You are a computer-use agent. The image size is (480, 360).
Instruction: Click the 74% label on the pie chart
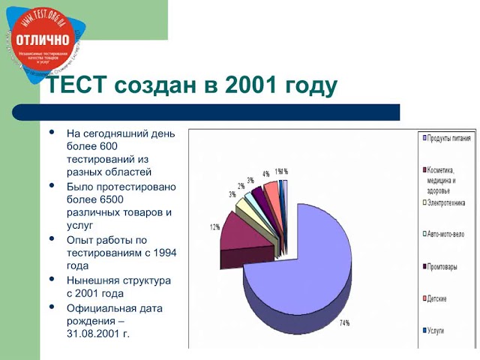[x=345, y=323]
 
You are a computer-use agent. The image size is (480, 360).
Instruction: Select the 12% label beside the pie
[x=214, y=226]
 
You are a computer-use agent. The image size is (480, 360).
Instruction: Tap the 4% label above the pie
[x=265, y=174]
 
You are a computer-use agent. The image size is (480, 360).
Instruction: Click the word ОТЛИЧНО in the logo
[x=42, y=39]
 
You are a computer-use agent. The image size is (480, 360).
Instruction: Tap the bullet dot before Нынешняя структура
[x=52, y=279]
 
